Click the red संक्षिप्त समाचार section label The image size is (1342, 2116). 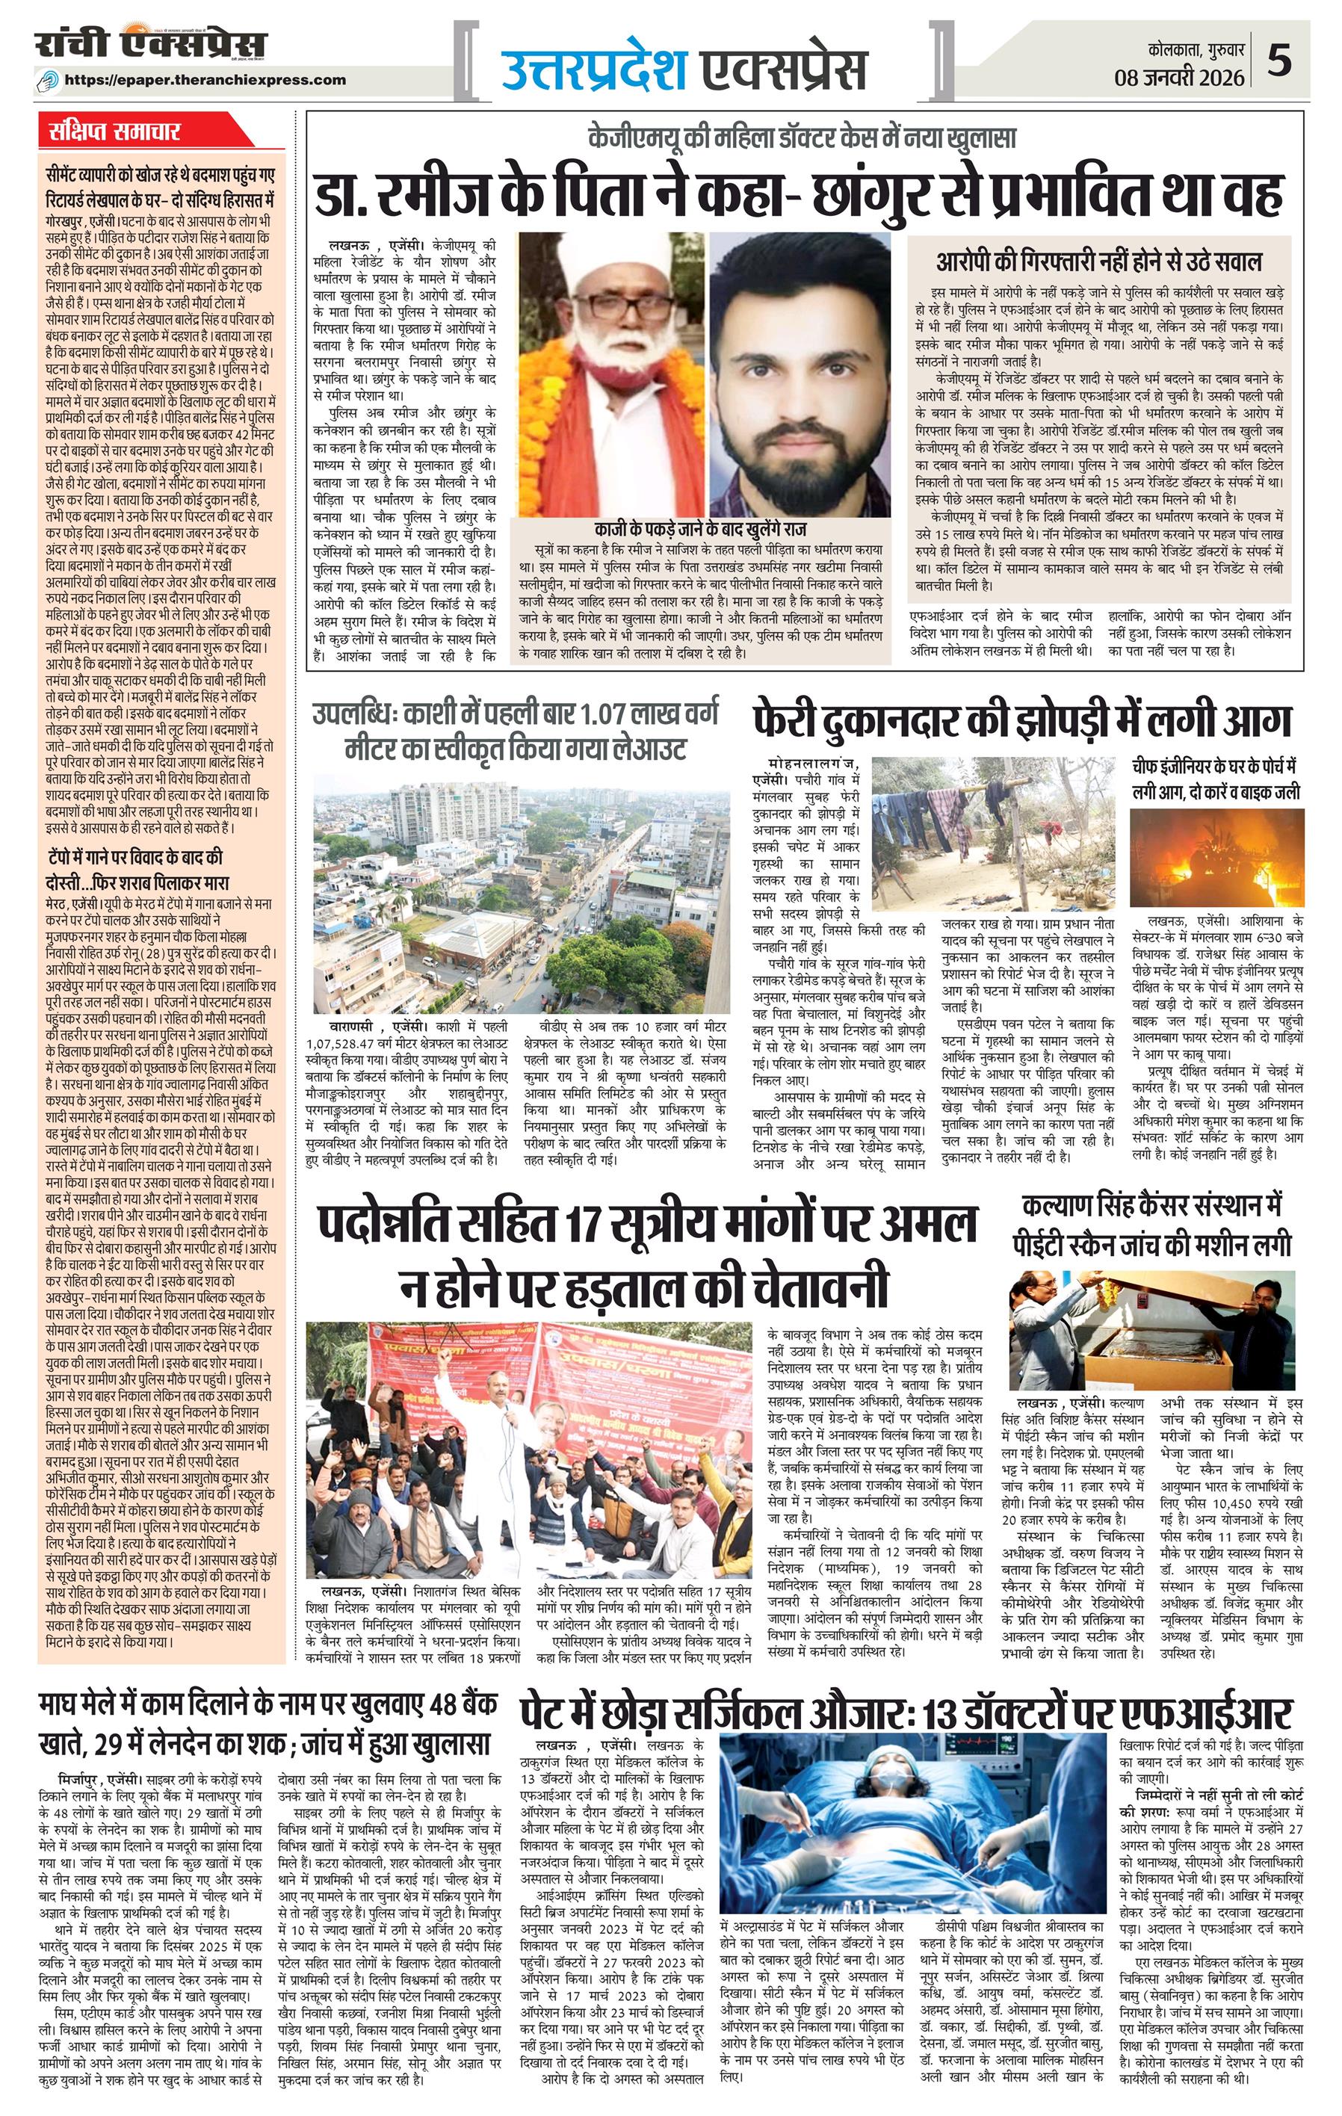tap(115, 132)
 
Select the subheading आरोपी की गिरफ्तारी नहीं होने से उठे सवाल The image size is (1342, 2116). tap(1098, 261)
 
